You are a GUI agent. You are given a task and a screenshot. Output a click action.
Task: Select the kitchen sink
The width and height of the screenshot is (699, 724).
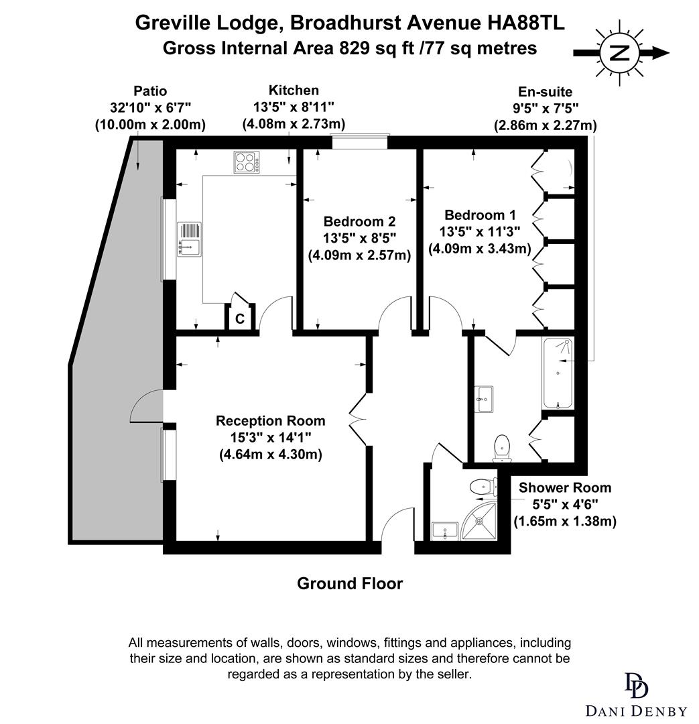188,239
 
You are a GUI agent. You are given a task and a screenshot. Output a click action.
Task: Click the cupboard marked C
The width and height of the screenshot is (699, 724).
240,318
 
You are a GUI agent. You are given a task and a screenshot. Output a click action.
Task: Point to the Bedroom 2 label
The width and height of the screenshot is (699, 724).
359,221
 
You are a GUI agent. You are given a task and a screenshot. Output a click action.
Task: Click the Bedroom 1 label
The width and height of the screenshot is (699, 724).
480,215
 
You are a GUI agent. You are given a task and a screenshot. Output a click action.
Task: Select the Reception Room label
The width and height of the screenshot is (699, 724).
270,421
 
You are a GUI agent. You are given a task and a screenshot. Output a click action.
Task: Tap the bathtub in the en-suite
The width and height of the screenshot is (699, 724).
558,373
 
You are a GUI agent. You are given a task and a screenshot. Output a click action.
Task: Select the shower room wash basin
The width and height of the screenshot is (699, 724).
444,531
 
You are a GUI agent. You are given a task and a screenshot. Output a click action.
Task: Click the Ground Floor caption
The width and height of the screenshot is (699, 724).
350,584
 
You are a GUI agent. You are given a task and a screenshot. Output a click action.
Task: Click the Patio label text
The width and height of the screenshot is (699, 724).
150,91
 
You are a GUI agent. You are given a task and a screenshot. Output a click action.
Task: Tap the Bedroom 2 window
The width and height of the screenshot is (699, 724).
361,141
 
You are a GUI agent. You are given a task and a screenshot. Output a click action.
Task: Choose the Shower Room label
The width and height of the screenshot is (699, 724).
564,488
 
